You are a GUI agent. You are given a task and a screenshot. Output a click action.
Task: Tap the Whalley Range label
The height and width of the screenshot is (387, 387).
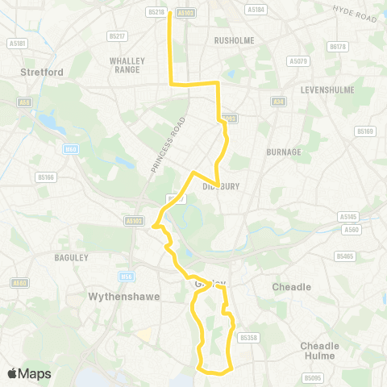(x=130, y=64)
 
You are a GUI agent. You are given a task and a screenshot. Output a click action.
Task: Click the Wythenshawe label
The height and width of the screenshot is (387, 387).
(x=114, y=297)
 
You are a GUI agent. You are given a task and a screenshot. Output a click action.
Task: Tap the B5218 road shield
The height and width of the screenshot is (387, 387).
(x=157, y=12)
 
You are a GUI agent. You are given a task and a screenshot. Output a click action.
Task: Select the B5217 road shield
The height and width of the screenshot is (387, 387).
(x=117, y=36)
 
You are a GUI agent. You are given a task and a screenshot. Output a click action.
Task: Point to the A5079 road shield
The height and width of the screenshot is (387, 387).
(x=298, y=60)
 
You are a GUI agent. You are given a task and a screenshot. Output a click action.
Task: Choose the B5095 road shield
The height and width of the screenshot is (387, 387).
(x=312, y=377)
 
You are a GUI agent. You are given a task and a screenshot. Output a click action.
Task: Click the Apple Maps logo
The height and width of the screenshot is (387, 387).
(x=28, y=373)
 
